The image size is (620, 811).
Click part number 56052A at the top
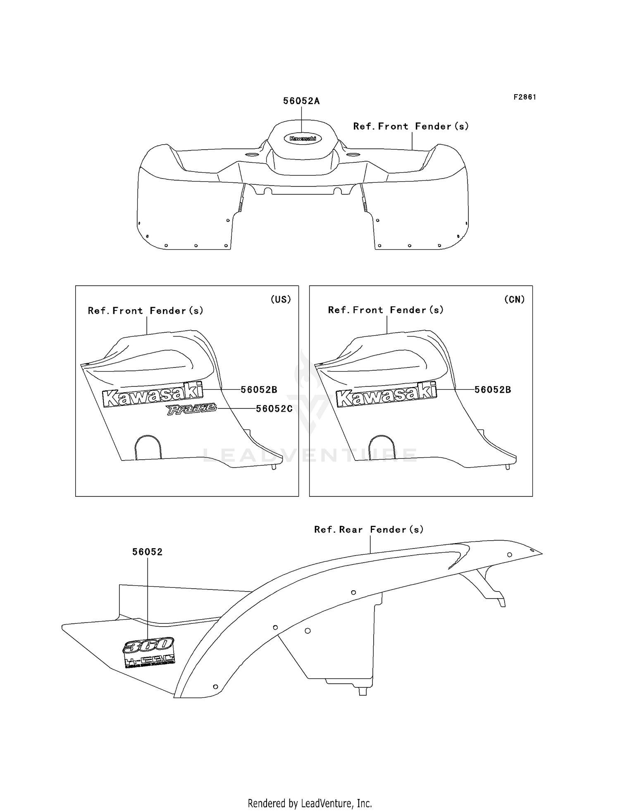point(301,101)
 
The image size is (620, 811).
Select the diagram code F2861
point(525,97)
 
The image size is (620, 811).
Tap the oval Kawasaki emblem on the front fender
point(303,138)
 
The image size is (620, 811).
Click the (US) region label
point(281,300)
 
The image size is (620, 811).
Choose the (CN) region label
point(514,300)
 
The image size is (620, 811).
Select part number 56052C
point(274,409)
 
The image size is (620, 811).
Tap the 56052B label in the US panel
point(259,390)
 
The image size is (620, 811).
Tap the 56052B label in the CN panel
point(493,390)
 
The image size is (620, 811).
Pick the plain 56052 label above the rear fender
point(148,552)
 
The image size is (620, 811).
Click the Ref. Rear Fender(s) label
point(369,530)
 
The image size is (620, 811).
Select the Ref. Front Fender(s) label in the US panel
point(145,311)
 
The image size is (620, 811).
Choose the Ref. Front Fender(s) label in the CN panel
point(386,310)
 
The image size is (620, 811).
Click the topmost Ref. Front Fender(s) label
point(411,126)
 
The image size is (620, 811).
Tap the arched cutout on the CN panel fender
point(382,448)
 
